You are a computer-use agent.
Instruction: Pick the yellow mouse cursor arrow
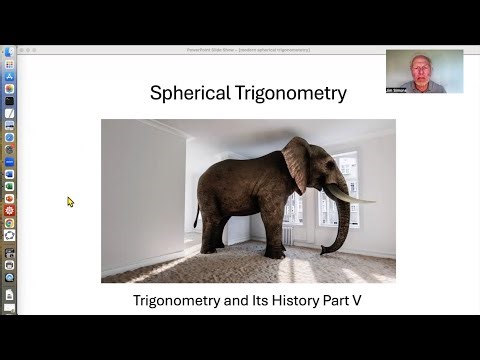pyautogui.click(x=70, y=201)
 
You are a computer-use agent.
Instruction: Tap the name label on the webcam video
pyautogui.click(x=396, y=90)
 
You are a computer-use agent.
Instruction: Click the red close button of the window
pyautogui.click(x=24, y=49)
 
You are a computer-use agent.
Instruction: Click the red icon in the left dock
pyautogui.click(x=9, y=210)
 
